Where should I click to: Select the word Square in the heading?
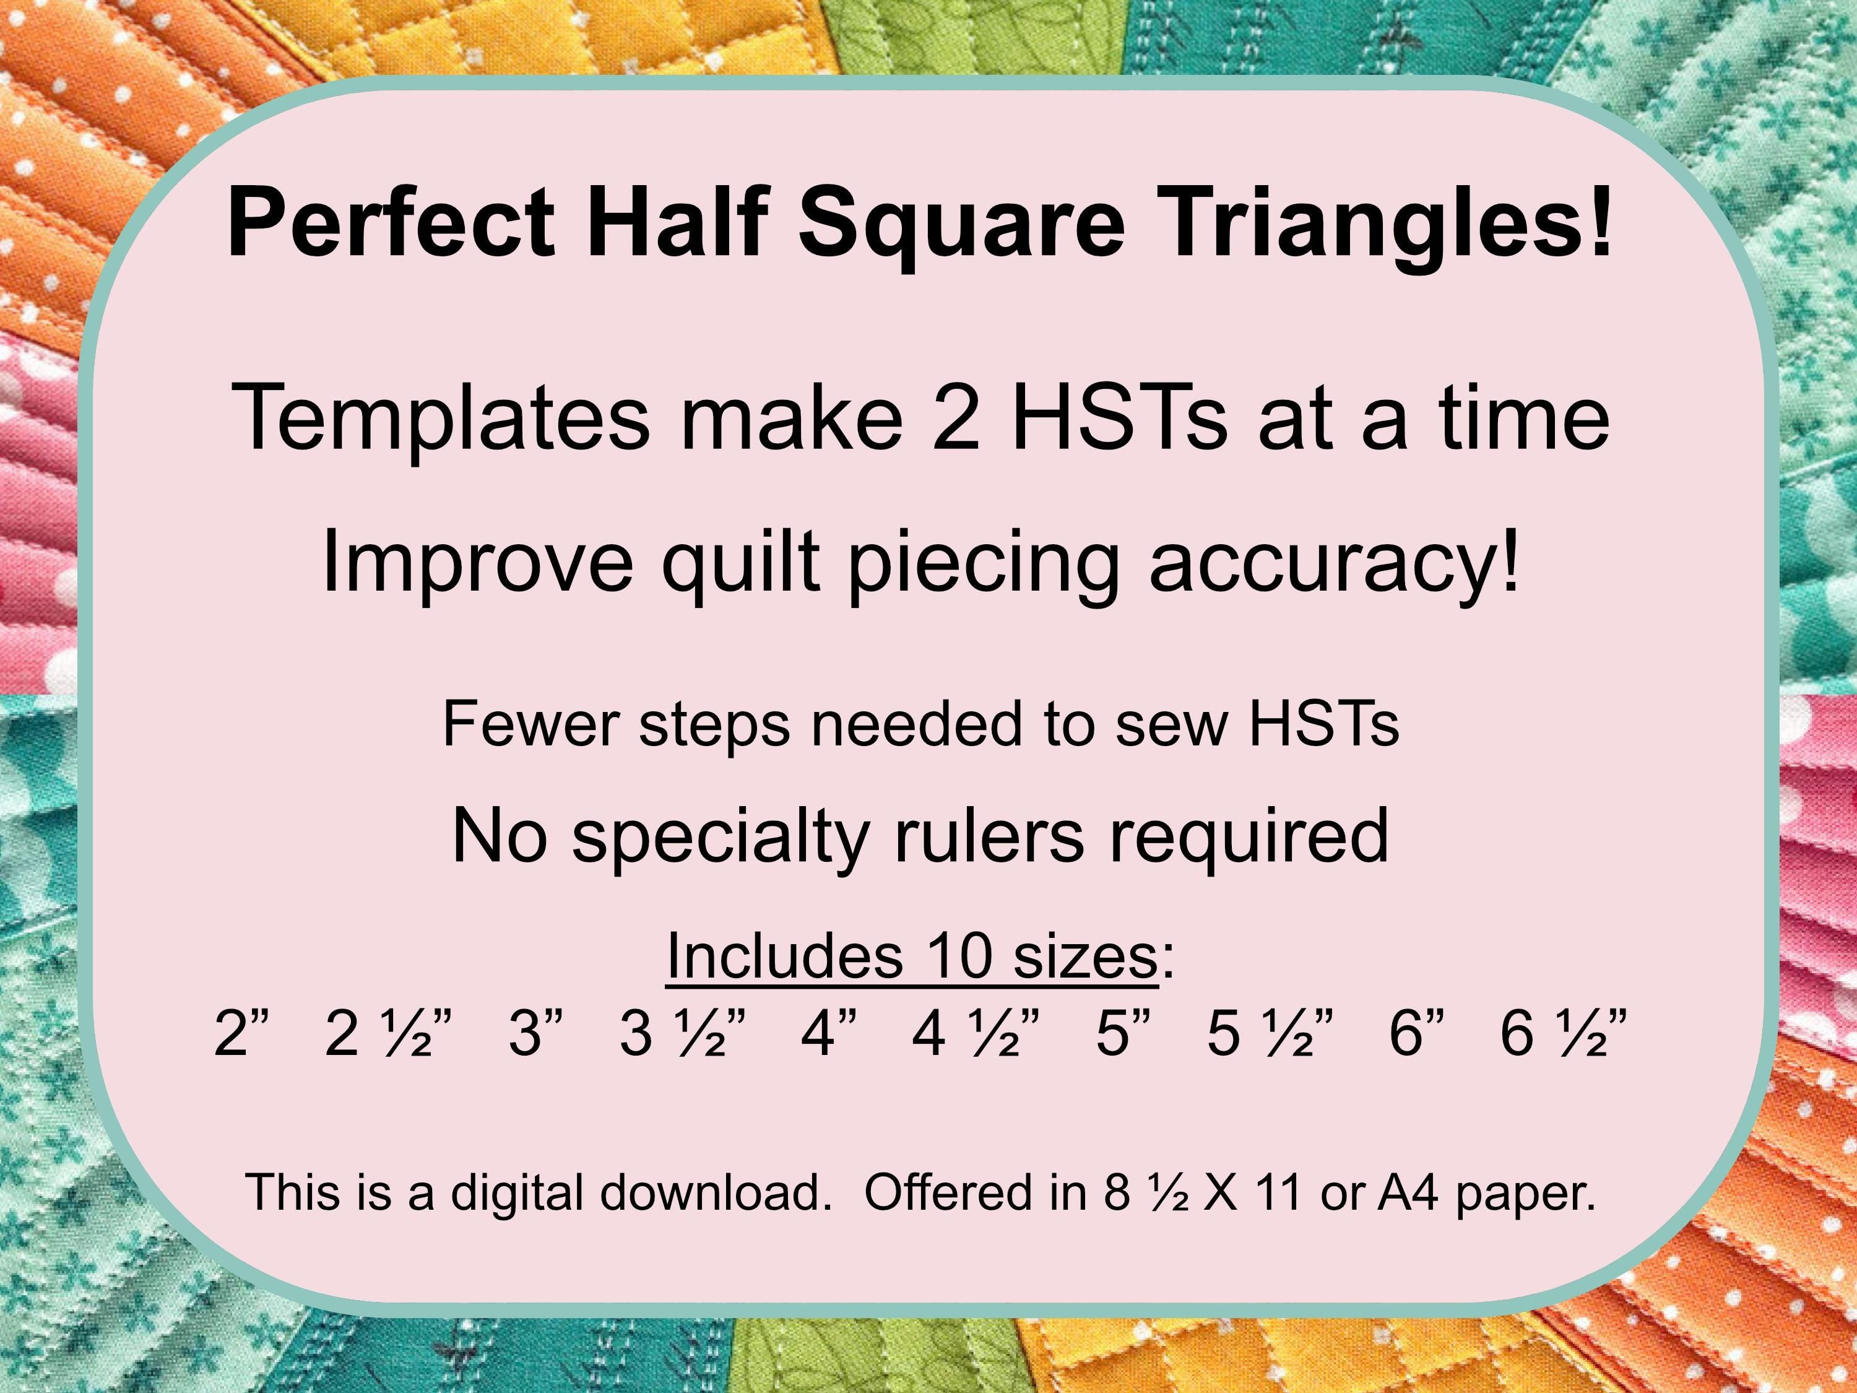pos(961,222)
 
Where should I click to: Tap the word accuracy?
pos(1334,561)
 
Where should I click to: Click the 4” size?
pos(829,1033)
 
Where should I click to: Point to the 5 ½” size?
pos(1270,1033)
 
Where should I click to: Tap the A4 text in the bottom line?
pos(1409,1192)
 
